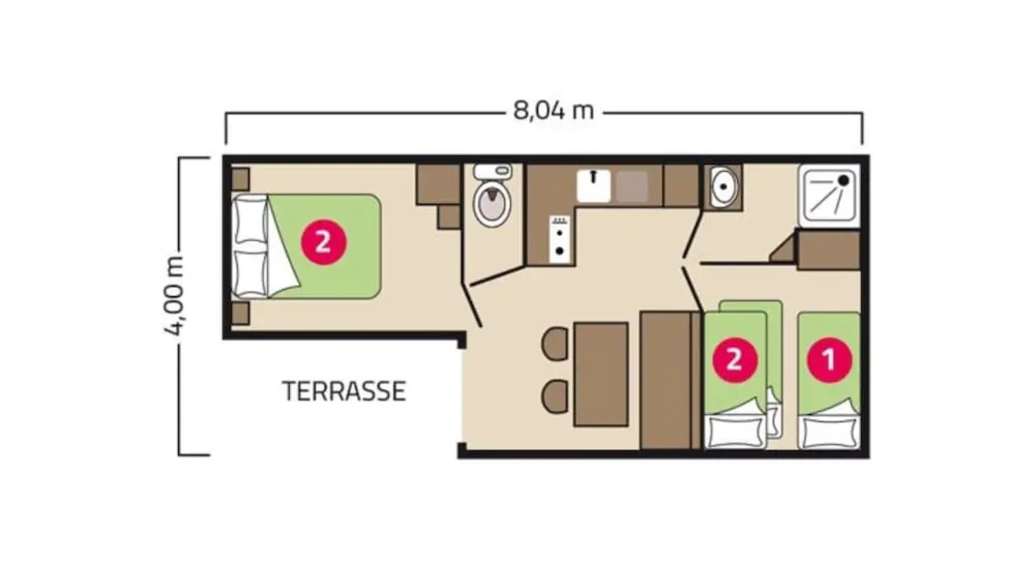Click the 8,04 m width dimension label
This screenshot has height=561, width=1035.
pos(553,111)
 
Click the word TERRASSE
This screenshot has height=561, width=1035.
pos(344,391)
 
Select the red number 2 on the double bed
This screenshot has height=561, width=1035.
pos(323,242)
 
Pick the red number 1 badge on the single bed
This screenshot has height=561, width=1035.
pos(829,359)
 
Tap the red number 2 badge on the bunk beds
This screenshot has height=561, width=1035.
pos(734,359)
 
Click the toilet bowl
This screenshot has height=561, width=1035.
pos(491,204)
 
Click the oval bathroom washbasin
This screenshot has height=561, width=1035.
pos(722,187)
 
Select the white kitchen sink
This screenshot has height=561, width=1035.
pos(594,186)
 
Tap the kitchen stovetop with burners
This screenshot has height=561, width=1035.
pos(560,239)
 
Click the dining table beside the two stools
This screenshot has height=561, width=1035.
pos(601,374)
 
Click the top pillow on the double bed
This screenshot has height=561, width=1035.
pos(250,219)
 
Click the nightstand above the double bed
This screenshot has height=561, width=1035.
pos(240,178)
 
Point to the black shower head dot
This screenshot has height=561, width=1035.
pos(844,180)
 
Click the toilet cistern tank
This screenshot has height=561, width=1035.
pos(492,171)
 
